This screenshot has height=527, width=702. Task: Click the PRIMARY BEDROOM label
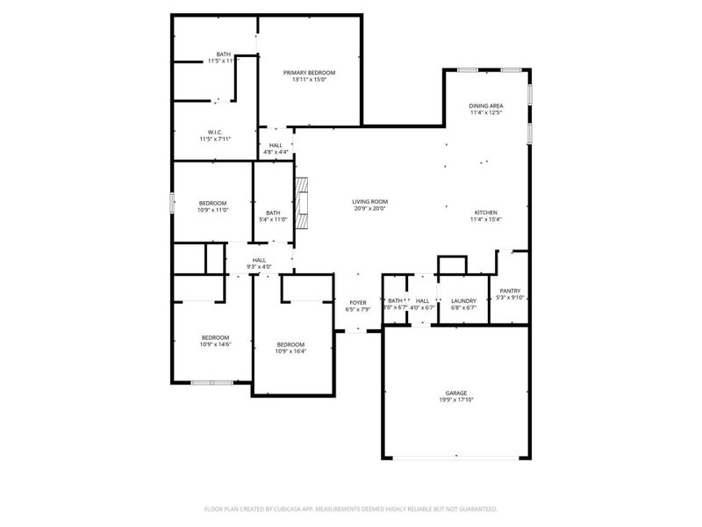pyautogui.click(x=309, y=72)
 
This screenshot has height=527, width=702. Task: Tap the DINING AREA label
pyautogui.click(x=486, y=105)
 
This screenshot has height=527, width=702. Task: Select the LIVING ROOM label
pyautogui.click(x=369, y=201)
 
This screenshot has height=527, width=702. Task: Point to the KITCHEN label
pyautogui.click(x=486, y=213)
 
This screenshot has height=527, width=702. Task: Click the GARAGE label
pyautogui.click(x=455, y=393)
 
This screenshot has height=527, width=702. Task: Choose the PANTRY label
pyautogui.click(x=510, y=291)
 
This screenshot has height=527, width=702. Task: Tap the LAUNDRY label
pyautogui.click(x=462, y=300)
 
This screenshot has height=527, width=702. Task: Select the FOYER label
pyautogui.click(x=358, y=301)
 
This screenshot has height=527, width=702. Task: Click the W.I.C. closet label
pyautogui.click(x=215, y=132)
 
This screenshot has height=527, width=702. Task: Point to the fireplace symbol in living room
pyautogui.click(x=303, y=200)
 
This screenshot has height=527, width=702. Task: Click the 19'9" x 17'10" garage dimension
pyautogui.click(x=455, y=400)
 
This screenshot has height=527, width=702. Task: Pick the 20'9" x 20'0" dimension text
pyautogui.click(x=369, y=208)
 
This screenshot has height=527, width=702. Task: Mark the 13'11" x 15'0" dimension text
pyautogui.click(x=309, y=79)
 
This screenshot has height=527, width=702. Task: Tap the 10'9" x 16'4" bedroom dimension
pyautogui.click(x=290, y=351)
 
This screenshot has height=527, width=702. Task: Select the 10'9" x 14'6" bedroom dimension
pyautogui.click(x=215, y=344)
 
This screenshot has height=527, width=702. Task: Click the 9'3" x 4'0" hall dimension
pyautogui.click(x=260, y=266)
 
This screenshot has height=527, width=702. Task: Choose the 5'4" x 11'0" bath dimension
pyautogui.click(x=273, y=219)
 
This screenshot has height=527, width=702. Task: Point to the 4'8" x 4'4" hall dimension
pyautogui.click(x=276, y=152)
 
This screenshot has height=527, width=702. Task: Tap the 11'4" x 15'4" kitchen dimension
pyautogui.click(x=486, y=220)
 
